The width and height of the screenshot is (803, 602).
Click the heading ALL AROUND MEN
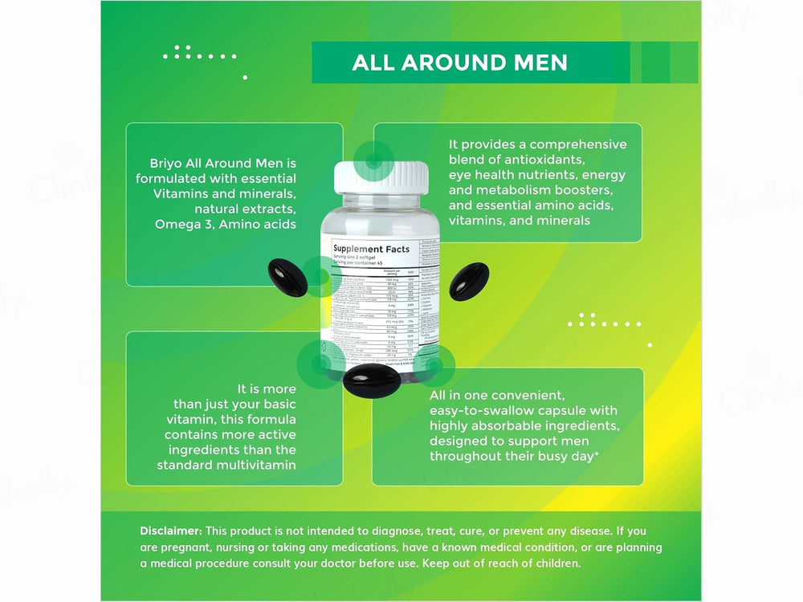pos(459,63)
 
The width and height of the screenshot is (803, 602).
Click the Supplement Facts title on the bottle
pos(371,249)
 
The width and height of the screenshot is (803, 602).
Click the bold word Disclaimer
pos(171,531)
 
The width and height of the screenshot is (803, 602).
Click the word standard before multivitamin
pos(190,465)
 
